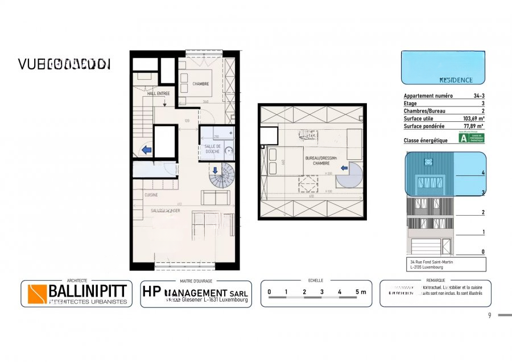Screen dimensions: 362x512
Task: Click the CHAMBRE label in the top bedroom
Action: [x=200, y=84]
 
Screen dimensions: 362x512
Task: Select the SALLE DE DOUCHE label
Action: [x=212, y=149]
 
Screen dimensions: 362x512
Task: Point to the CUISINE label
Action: [x=151, y=195]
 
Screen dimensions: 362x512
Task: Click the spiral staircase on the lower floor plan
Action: [x=221, y=176]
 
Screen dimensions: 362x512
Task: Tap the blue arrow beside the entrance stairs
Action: [x=146, y=150]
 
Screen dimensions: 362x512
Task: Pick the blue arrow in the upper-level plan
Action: [x=344, y=168]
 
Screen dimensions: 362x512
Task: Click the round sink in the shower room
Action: [x=229, y=151]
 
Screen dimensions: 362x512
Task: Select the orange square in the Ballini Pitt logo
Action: [x=37, y=294]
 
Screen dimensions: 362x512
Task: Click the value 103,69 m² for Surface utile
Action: [x=471, y=119]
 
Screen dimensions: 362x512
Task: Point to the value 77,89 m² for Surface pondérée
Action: [x=472, y=126]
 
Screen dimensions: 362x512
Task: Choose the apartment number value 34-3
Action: [x=478, y=97]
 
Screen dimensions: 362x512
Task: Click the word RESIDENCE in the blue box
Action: [x=456, y=80]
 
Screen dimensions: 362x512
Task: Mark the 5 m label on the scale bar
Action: [x=360, y=292]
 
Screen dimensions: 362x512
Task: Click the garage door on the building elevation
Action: [x=426, y=246]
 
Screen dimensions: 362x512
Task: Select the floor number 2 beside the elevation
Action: [x=483, y=213]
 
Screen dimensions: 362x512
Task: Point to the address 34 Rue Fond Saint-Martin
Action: [x=428, y=262]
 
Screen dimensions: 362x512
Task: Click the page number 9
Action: [x=489, y=315]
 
